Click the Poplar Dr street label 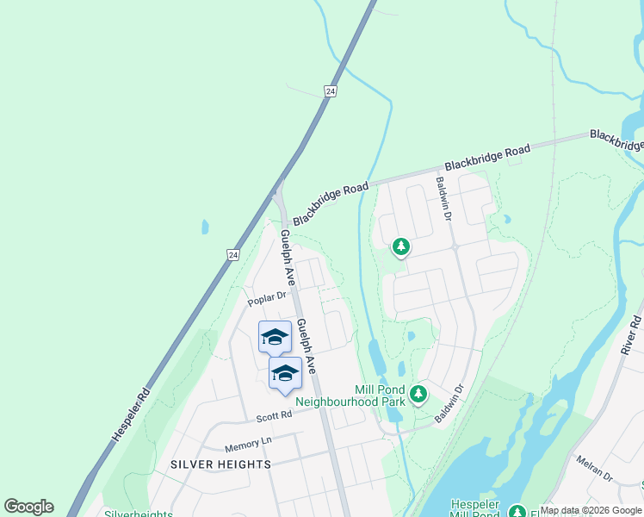click(266, 298)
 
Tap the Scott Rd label click(274, 416)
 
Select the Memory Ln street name click(247, 444)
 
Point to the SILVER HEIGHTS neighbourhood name click(220, 464)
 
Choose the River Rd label click(634, 333)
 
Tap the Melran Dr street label click(594, 470)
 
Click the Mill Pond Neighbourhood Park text click(350, 396)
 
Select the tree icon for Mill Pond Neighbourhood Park click(418, 395)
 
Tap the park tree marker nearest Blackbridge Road click(400, 247)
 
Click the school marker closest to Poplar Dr click(275, 337)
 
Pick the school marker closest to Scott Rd click(285, 373)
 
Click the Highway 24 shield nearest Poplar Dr click(232, 255)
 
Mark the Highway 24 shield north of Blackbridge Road click(331, 90)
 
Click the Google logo click(28, 507)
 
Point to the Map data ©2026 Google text click(591, 511)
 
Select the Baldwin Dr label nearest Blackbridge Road click(443, 198)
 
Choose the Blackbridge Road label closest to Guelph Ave click(330, 202)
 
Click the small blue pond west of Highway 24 click(204, 227)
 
